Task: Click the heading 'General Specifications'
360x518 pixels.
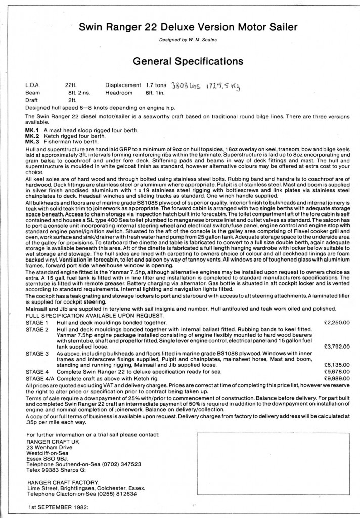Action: pyautogui.click(x=181, y=61)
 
